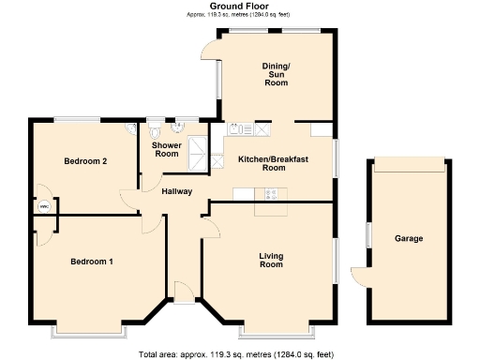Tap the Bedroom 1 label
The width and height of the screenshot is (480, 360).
tap(92, 261)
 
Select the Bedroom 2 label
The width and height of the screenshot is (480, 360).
tap(85, 161)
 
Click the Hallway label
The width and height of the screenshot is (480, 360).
tap(176, 191)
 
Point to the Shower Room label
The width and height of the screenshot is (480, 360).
tap(166, 149)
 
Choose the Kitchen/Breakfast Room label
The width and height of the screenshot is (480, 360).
tap(273, 164)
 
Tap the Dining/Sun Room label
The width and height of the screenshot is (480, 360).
tap(275, 73)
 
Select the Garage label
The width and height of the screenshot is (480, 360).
tap(408, 238)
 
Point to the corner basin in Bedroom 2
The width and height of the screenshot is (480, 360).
tap(130, 129)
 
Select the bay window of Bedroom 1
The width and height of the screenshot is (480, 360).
tap(89, 331)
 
